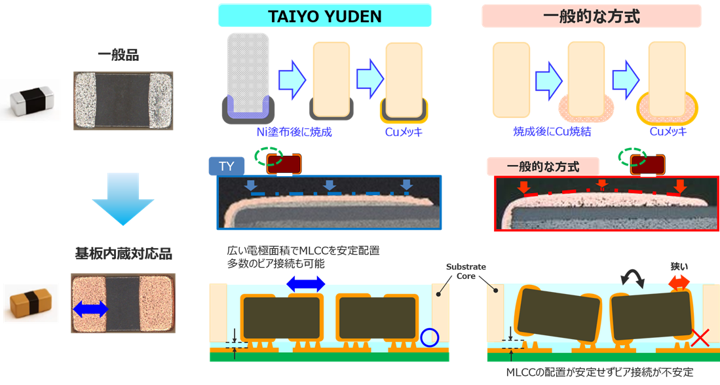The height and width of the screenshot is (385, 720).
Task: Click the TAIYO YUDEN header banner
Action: coord(325,16)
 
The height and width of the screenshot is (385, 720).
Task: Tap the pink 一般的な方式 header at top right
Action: coord(592,16)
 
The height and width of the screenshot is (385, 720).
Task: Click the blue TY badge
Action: coord(227,166)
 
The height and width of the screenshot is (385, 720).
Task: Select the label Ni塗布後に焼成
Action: coord(294,132)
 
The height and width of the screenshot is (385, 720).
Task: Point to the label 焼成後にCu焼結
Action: coord(552,132)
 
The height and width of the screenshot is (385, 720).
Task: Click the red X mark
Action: coord(700,339)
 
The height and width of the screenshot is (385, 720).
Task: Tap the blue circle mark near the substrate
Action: coord(429,338)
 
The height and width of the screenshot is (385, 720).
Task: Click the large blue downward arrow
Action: coord(123,198)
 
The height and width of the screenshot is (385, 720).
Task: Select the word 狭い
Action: coord(679,266)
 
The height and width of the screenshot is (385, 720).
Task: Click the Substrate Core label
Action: coord(466,272)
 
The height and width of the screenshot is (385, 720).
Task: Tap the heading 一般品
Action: coord(118,55)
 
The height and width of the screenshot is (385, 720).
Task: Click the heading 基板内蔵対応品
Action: coord(124,254)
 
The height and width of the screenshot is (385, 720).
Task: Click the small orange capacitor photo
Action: coord(31,303)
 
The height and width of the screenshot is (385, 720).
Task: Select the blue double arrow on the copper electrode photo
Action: coord(90,309)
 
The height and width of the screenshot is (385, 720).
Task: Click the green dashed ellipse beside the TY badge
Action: coord(269,156)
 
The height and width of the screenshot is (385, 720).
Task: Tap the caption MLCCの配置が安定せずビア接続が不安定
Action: coord(599,372)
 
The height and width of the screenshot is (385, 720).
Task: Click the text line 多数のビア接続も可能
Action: coord(276,264)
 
